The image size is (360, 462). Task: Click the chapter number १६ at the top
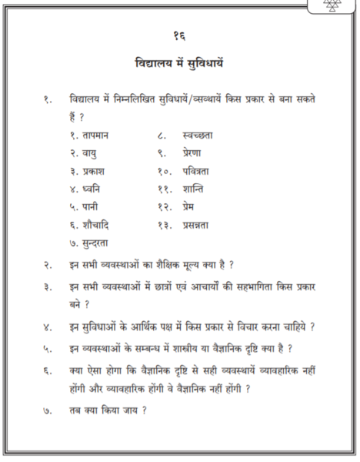click(179, 36)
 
